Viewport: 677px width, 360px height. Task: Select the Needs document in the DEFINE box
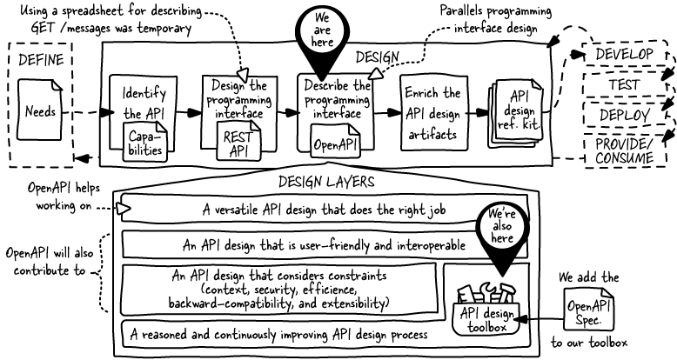[x=40, y=110]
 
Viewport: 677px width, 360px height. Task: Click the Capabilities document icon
[x=145, y=142]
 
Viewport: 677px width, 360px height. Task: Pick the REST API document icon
[x=238, y=140]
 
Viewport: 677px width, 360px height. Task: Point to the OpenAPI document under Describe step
[x=336, y=140]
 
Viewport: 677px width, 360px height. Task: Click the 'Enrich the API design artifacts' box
[x=433, y=113]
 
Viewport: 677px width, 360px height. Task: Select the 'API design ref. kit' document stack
[x=516, y=113]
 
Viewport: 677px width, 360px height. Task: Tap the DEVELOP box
[x=624, y=55]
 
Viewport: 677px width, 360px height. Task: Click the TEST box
[x=624, y=84]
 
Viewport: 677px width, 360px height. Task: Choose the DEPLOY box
[x=624, y=115]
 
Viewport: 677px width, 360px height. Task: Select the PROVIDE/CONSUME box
[x=624, y=150]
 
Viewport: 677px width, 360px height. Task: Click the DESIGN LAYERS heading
[x=326, y=182]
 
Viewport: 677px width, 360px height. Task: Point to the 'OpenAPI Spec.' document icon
[x=589, y=309]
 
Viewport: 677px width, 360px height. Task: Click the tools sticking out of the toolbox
[x=486, y=294]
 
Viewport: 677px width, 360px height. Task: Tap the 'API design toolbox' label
[x=487, y=320]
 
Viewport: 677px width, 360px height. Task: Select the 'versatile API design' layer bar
[x=324, y=209]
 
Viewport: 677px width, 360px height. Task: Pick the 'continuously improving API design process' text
[x=279, y=335]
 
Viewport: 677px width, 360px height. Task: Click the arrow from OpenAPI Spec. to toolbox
[x=540, y=319]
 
